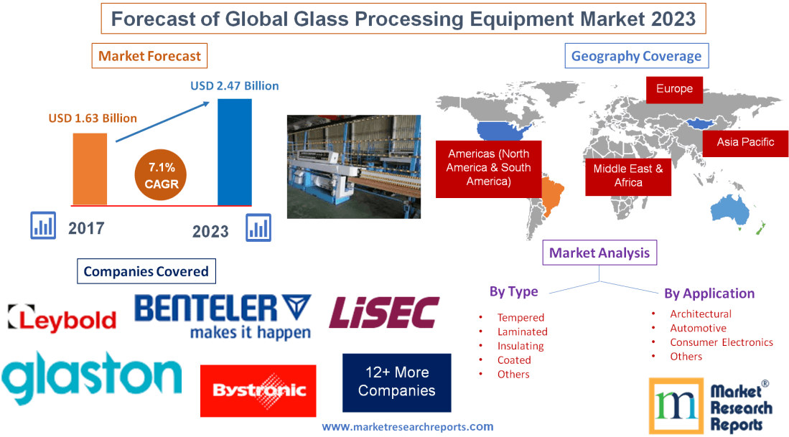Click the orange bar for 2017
[x=90, y=169]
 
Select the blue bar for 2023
[x=235, y=151]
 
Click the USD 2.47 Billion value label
[x=234, y=85]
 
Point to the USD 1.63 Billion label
[x=93, y=118]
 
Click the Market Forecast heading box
[x=149, y=56]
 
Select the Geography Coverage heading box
[x=636, y=56]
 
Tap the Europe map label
[x=674, y=89]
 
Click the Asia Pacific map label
[x=745, y=142]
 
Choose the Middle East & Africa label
[x=628, y=175]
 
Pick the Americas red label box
[x=488, y=168]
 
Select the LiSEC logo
[x=383, y=313]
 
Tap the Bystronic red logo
[x=258, y=391]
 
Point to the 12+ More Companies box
[x=396, y=382]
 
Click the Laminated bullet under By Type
[x=522, y=332]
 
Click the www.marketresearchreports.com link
[x=408, y=426]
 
